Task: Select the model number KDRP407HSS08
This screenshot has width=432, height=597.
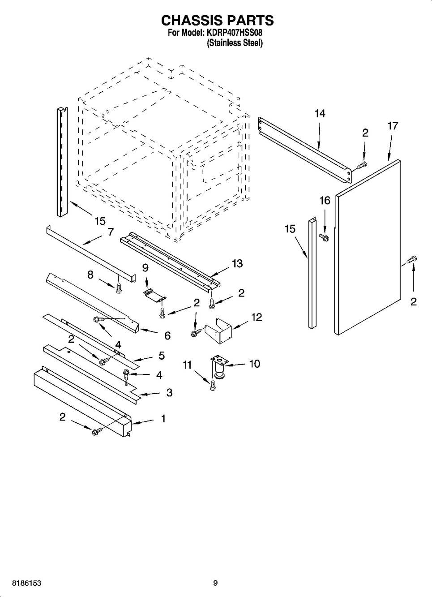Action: pyautogui.click(x=233, y=33)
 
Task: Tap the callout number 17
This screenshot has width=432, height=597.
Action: pyautogui.click(x=393, y=126)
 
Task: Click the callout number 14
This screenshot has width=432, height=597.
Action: pyautogui.click(x=320, y=114)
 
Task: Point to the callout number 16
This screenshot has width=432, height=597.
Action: pyautogui.click(x=325, y=201)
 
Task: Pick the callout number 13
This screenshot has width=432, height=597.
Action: pyautogui.click(x=237, y=264)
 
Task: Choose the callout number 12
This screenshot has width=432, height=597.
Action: pyautogui.click(x=257, y=317)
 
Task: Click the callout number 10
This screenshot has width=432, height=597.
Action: pyautogui.click(x=255, y=364)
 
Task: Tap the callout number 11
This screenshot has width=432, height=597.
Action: pyautogui.click(x=187, y=365)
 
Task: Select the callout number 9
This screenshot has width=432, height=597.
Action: pyautogui.click(x=145, y=267)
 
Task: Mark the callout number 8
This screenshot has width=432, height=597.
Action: pyautogui.click(x=90, y=275)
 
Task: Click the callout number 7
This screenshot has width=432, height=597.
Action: pyautogui.click(x=111, y=232)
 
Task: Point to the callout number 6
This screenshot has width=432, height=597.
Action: pyautogui.click(x=167, y=336)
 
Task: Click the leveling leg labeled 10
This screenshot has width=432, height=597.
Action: pyautogui.click(x=220, y=367)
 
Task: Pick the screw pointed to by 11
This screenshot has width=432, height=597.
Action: pyautogui.click(x=213, y=385)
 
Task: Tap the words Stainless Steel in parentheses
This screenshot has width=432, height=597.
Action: pyautogui.click(x=235, y=43)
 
